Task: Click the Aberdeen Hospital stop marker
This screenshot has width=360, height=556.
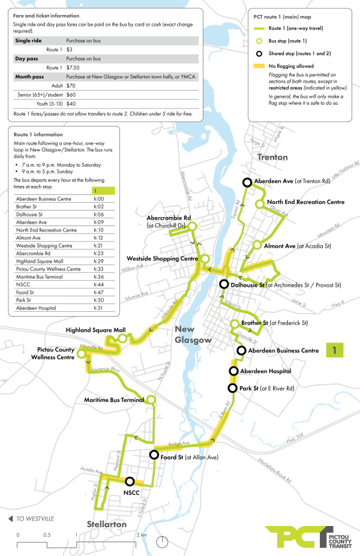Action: click(233, 372)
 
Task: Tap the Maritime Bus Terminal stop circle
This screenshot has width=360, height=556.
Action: click(151, 399)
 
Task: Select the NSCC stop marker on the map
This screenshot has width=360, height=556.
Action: click(129, 481)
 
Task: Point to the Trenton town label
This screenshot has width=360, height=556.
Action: click(274, 157)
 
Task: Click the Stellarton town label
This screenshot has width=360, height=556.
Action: click(107, 524)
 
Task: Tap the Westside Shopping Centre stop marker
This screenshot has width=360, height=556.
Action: click(205, 259)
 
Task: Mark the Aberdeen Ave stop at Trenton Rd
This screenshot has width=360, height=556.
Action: click(247, 183)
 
